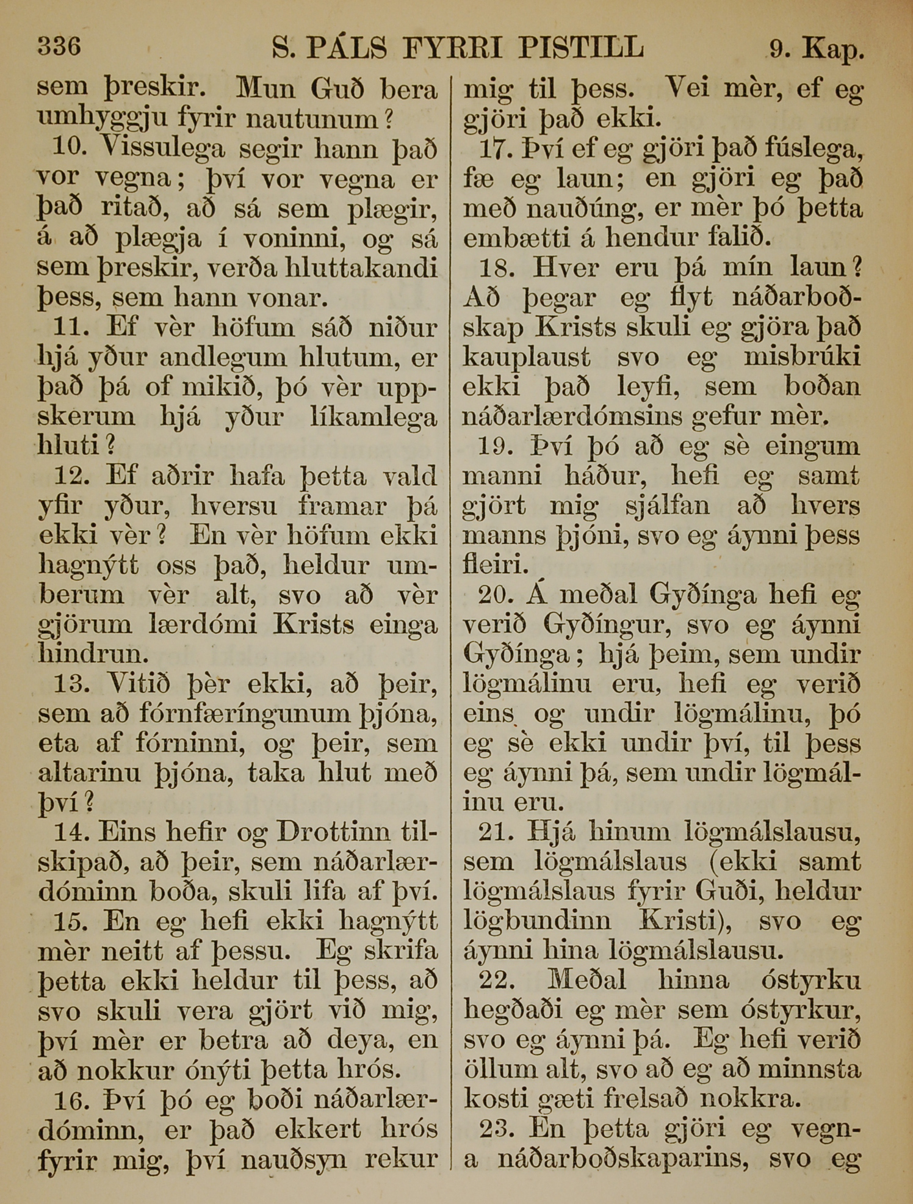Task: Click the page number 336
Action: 59,46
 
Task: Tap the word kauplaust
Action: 527,357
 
